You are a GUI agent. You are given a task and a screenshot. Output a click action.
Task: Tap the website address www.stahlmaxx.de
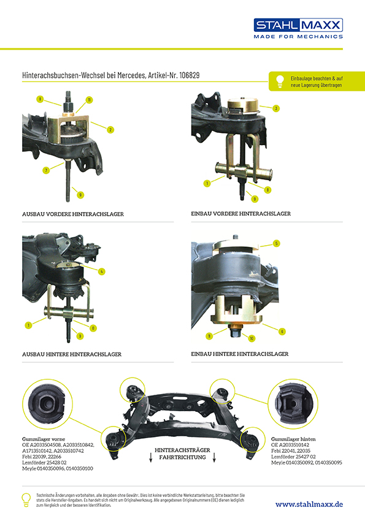[309, 504]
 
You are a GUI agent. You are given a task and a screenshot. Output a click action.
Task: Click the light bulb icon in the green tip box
[280, 80]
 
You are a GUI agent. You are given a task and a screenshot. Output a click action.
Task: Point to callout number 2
[111, 129]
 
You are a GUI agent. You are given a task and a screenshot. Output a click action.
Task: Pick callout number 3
[277, 108]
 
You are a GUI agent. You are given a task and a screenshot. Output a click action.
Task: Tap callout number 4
[101, 271]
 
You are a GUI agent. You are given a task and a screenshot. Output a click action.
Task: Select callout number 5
[277, 243]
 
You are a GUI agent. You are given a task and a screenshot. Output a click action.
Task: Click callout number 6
[282, 332]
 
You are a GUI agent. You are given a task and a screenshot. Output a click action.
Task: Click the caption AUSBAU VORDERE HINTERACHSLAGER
[73, 214]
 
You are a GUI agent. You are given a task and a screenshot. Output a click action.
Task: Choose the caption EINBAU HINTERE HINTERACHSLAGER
[240, 354]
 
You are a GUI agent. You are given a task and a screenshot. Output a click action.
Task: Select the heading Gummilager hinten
[293, 439]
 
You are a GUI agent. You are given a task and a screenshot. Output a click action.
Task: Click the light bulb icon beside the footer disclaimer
[26, 499]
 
